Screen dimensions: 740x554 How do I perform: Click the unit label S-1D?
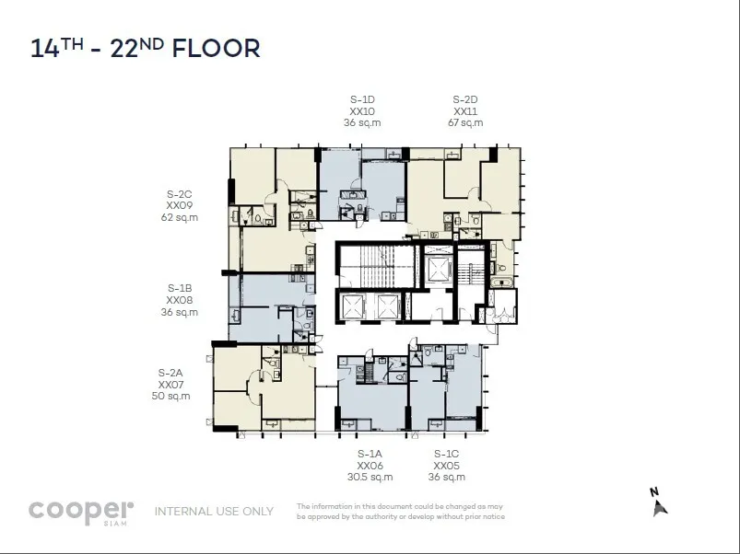(x=362, y=99)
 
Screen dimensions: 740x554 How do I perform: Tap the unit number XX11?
(x=465, y=111)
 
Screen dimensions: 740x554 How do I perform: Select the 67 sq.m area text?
(x=465, y=123)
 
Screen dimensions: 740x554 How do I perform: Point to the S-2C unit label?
(x=180, y=194)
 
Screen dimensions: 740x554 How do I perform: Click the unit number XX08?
(x=180, y=300)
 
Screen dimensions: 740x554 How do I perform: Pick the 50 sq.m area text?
(x=170, y=397)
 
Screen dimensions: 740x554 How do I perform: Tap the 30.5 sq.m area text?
(x=370, y=478)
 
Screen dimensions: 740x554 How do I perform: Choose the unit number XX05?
(x=446, y=466)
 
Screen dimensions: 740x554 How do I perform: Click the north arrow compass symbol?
(x=658, y=503)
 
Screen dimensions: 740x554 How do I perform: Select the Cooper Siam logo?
(x=81, y=512)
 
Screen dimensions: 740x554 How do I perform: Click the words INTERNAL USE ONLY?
(x=215, y=512)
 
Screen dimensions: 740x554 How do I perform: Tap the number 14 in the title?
(x=45, y=49)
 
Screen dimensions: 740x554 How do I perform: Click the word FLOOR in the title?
(x=217, y=49)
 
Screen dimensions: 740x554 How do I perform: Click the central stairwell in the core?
(x=377, y=266)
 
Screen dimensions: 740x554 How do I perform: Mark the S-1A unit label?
(x=370, y=454)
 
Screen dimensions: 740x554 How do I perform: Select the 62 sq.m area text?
(x=180, y=217)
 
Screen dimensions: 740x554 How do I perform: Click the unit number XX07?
(x=170, y=385)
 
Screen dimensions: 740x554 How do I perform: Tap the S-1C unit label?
(x=446, y=454)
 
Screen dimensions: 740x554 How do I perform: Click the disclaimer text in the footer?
(x=401, y=512)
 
